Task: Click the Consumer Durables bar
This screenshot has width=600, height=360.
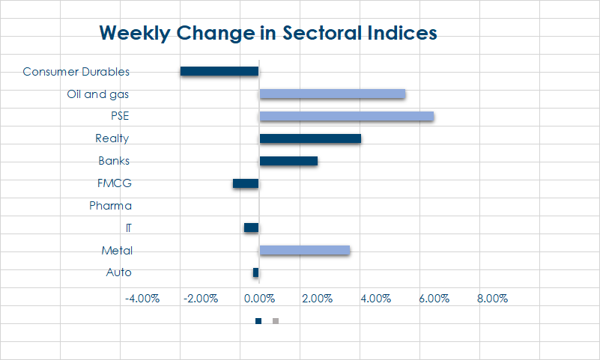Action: (219, 71)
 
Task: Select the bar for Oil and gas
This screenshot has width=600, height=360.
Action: (333, 94)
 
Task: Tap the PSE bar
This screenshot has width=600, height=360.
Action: (347, 116)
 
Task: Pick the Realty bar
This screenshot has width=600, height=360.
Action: (310, 138)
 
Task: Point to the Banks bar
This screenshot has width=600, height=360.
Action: (288, 161)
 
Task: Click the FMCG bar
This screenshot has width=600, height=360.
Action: (246, 183)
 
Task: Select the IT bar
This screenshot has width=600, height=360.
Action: (251, 228)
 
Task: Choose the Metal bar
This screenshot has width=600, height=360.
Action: (305, 250)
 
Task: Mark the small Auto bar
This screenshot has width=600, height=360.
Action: (255, 272)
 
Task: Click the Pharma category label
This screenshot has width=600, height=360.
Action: (110, 206)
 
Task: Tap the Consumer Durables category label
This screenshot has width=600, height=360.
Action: (76, 72)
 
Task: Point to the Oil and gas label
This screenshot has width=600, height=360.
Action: (98, 94)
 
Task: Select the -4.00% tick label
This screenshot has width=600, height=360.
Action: (142, 298)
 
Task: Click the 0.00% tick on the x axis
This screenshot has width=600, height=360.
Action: (259, 298)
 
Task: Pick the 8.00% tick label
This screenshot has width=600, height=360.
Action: (492, 298)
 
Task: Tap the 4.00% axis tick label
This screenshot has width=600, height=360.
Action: (375, 298)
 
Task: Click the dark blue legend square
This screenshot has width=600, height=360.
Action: (258, 321)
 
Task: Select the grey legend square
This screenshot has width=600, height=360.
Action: (276, 321)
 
